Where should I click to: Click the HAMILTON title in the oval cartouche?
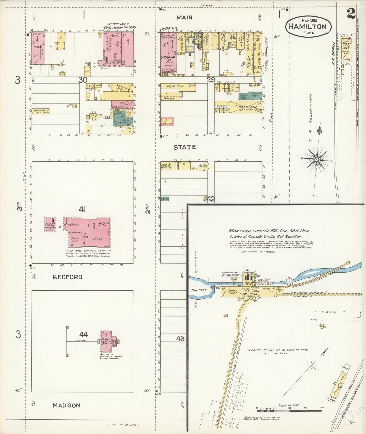click(x=307, y=26)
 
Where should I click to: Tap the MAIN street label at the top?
click(x=184, y=17)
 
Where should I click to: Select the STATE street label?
click(x=185, y=147)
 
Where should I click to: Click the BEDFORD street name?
click(x=67, y=277)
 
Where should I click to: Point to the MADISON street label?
click(x=66, y=405)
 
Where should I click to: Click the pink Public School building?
click(x=107, y=341)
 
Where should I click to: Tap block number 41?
click(x=82, y=209)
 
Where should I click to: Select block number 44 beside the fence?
click(x=83, y=335)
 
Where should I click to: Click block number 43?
click(x=180, y=339)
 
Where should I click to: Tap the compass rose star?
click(x=316, y=160)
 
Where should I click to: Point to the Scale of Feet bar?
click(x=289, y=407)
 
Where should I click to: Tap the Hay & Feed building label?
click(x=175, y=86)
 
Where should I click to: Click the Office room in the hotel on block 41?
click(x=98, y=239)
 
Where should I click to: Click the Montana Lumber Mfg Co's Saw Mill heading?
click(x=269, y=231)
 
